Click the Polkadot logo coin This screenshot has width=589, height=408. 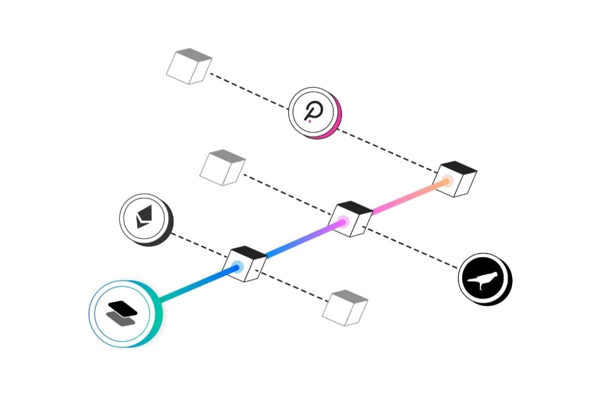(x=312, y=113)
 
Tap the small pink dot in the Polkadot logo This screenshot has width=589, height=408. (x=309, y=121)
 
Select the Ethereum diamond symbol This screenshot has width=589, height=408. (x=143, y=217)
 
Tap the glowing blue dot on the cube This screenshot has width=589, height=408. (x=236, y=267)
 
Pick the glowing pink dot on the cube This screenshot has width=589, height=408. (x=342, y=222)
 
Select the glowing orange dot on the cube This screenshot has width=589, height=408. (x=447, y=180)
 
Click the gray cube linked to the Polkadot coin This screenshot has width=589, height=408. (x=188, y=66)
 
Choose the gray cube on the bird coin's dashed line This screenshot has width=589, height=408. (x=222, y=166)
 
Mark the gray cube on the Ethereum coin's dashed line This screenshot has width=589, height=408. (x=345, y=308)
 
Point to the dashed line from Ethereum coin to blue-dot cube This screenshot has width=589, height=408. (x=199, y=247)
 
